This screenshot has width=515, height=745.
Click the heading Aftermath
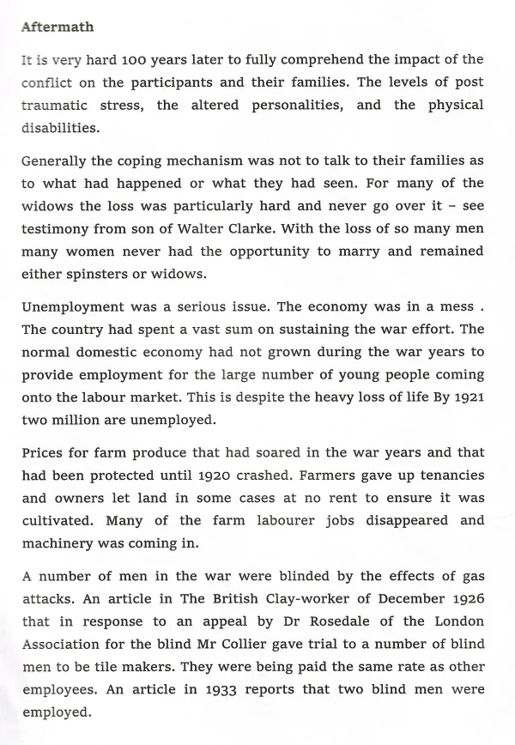[x=57, y=27]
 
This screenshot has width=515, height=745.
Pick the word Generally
[x=56, y=161]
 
